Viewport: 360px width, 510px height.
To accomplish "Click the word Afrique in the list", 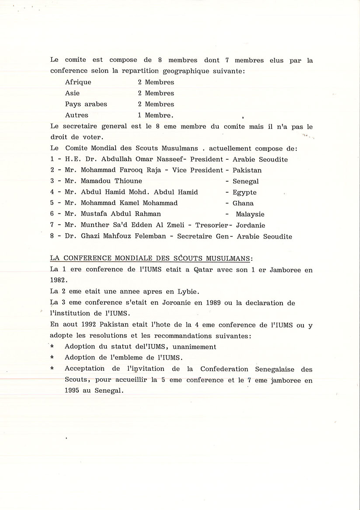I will [78, 82].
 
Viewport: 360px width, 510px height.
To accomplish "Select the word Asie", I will [72, 93].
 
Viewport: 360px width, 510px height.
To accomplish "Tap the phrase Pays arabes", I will [86, 104].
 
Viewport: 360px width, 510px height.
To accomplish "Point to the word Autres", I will [77, 116].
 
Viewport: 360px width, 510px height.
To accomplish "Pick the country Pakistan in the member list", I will [247, 170].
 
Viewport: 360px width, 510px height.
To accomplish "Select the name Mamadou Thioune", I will [111, 181].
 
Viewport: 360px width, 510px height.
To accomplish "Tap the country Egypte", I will [245, 192].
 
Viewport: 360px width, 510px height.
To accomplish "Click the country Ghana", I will [243, 203].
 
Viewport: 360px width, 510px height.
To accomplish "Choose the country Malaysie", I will [250, 215].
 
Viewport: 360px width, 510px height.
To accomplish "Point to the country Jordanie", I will [251, 225].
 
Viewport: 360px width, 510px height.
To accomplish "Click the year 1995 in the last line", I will [73, 391].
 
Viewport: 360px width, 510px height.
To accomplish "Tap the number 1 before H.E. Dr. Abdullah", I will [52, 159].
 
